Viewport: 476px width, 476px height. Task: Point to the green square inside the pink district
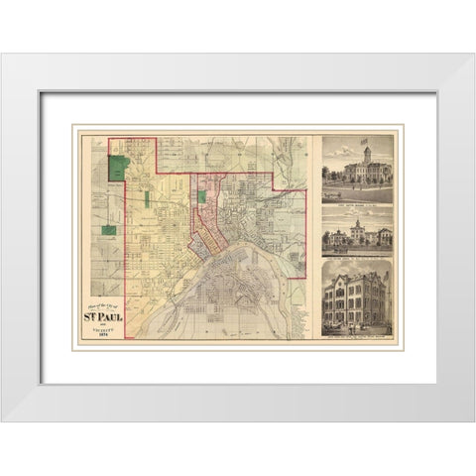(x=203, y=196)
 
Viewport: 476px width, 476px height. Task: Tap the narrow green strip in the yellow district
(x=148, y=198)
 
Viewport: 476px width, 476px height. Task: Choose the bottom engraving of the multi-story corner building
(x=357, y=297)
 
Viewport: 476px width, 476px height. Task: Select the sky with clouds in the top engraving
(x=337, y=149)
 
